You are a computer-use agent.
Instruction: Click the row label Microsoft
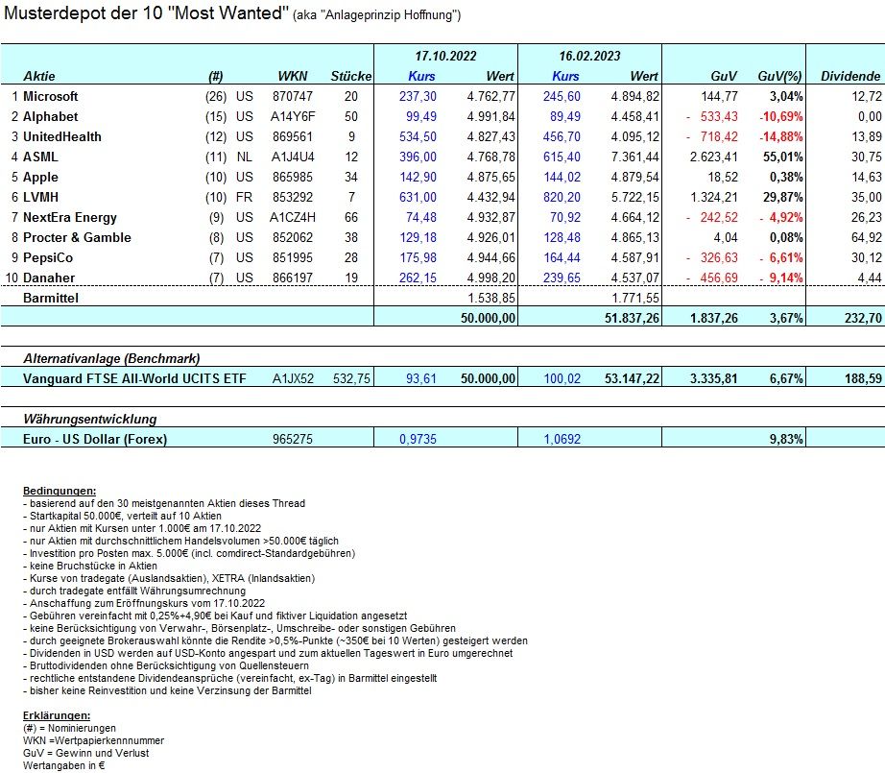[x=50, y=96]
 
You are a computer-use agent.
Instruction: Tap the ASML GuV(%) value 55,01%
[x=780, y=157]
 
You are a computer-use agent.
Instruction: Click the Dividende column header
[x=850, y=76]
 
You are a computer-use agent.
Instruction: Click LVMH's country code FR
[x=244, y=197]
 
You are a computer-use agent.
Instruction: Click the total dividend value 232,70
[x=862, y=318]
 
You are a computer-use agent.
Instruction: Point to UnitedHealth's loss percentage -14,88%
[x=777, y=136]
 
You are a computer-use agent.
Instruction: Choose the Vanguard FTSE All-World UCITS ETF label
[x=134, y=379]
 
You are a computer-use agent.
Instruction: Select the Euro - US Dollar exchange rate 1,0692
[x=561, y=440]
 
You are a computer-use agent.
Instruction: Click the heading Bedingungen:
[x=59, y=491]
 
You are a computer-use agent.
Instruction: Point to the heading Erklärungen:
[x=57, y=715]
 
